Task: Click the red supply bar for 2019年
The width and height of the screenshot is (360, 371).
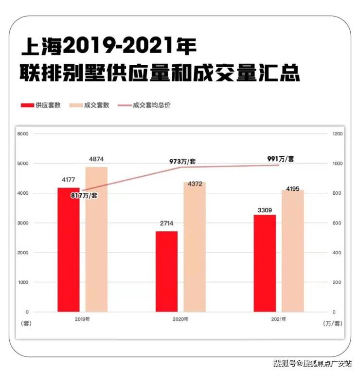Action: pos(69,250)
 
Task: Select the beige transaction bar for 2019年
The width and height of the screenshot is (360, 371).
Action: pos(96,239)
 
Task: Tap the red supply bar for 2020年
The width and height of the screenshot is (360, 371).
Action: pos(167,271)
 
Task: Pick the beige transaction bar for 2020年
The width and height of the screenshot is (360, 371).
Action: pos(195,247)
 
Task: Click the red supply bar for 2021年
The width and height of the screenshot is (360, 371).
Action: pos(265,263)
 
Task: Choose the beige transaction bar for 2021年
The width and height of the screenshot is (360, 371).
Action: pos(293,251)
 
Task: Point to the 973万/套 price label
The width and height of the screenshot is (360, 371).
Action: pos(182,162)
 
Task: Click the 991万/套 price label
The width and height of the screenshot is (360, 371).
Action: pos(281,159)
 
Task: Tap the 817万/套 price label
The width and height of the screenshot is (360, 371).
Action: pos(84,195)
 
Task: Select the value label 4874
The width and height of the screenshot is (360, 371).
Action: pos(96,159)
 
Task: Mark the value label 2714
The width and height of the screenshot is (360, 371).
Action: pos(167,223)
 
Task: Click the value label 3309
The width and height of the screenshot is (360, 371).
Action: pos(265,210)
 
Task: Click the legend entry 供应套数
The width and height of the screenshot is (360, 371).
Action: pos(41,105)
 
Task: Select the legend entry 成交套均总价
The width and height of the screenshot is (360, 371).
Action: pos(144,105)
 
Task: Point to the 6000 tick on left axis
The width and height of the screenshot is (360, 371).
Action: pos(23,134)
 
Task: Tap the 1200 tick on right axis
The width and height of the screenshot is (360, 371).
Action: pos(338,134)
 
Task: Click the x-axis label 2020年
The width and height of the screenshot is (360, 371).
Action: pos(180,319)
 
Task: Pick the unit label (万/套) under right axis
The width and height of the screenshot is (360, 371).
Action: pos(333,323)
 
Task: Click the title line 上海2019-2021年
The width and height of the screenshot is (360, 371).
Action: pos(109,46)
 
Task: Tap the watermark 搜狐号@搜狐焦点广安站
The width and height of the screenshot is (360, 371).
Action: pos(313,363)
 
